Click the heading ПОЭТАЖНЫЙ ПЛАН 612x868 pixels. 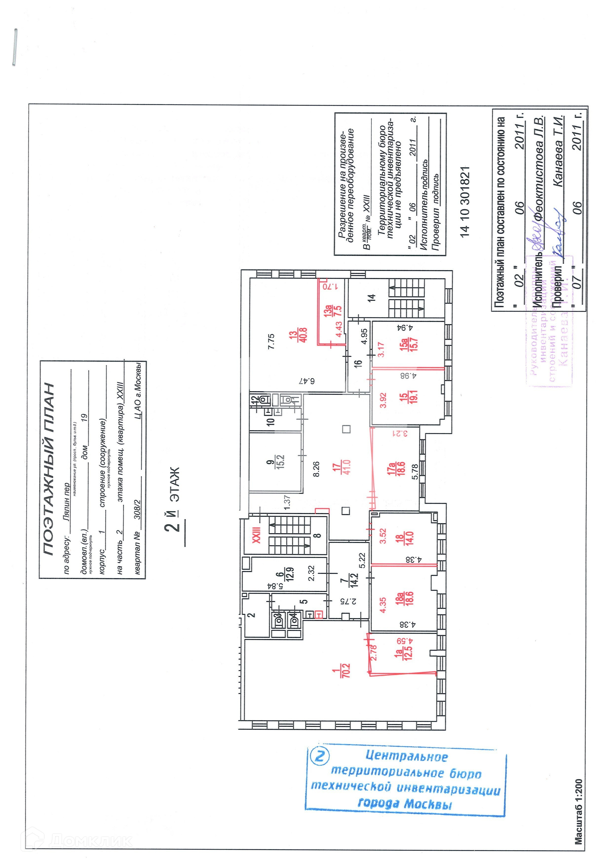[48, 469]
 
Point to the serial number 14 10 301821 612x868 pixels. [465, 202]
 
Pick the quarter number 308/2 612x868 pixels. [137, 509]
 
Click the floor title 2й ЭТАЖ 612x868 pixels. [172, 499]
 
